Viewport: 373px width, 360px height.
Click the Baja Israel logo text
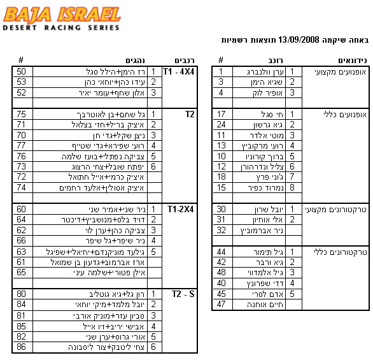tap(62, 15)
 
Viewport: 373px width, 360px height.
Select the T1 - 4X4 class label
tap(178, 71)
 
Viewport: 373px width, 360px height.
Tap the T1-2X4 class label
tap(180, 209)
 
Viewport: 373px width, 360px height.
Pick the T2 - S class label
tap(183, 294)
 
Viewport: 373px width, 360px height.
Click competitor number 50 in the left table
tap(21, 71)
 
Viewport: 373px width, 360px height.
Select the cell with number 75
tap(21, 114)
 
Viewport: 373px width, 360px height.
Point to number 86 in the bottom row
tap(21, 347)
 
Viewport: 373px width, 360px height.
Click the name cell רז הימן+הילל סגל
tap(115, 71)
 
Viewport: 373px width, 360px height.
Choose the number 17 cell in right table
tap(221, 114)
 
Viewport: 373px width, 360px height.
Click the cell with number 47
tap(221, 305)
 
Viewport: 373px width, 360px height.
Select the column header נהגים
tap(135, 61)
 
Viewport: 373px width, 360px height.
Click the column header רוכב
tap(276, 61)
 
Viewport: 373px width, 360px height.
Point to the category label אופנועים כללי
tap(345, 115)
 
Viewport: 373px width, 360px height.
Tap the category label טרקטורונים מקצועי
tap(335, 210)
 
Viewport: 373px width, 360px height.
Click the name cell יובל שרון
tap(269, 209)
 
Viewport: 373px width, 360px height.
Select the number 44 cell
tap(221, 252)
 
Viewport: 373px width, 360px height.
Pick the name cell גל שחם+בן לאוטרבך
tap(111, 114)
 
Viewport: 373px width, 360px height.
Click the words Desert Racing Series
tap(61, 27)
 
